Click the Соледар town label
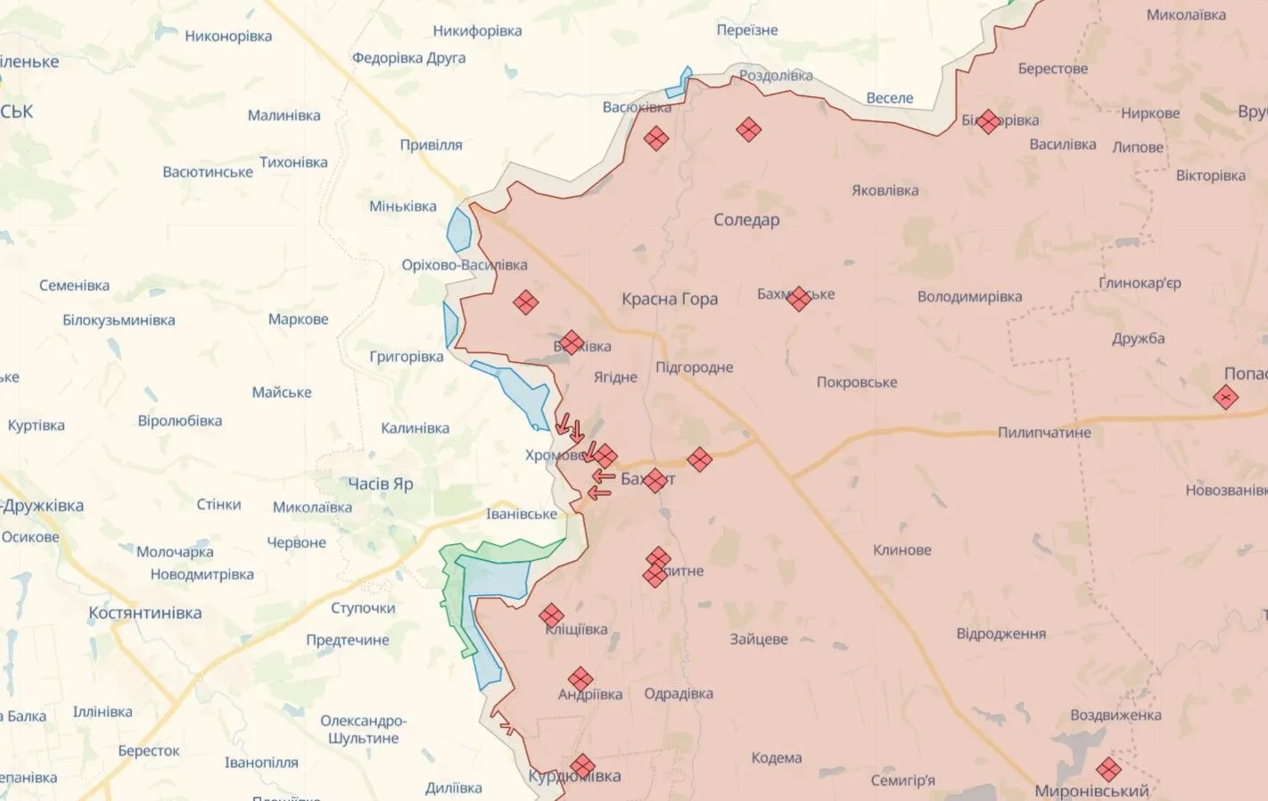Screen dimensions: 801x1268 tap(746, 219)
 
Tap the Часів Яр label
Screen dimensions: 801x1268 tap(381, 483)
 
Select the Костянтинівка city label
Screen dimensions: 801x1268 tap(144, 613)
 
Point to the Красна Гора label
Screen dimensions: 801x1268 tap(670, 299)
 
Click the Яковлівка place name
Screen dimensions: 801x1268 tap(885, 190)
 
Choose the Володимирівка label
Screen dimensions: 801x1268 tap(969, 296)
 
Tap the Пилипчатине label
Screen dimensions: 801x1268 tap(1044, 433)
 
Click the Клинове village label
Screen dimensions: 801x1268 tap(902, 549)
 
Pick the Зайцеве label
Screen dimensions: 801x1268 tap(759, 639)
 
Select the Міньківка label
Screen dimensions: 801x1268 tap(403, 206)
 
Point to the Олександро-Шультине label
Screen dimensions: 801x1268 tap(363, 729)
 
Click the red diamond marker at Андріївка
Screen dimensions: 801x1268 tap(580, 679)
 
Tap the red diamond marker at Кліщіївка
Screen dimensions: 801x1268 tap(551, 615)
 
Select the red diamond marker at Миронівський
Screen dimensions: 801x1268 tap(1108, 769)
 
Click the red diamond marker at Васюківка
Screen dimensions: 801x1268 tap(656, 138)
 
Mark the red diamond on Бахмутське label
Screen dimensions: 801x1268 tap(799, 299)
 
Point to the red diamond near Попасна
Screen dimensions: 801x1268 tap(1225, 397)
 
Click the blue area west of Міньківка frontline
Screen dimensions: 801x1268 tap(459, 230)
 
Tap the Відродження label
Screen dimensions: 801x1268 tap(1000, 633)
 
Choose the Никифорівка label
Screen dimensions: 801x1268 tap(477, 30)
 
